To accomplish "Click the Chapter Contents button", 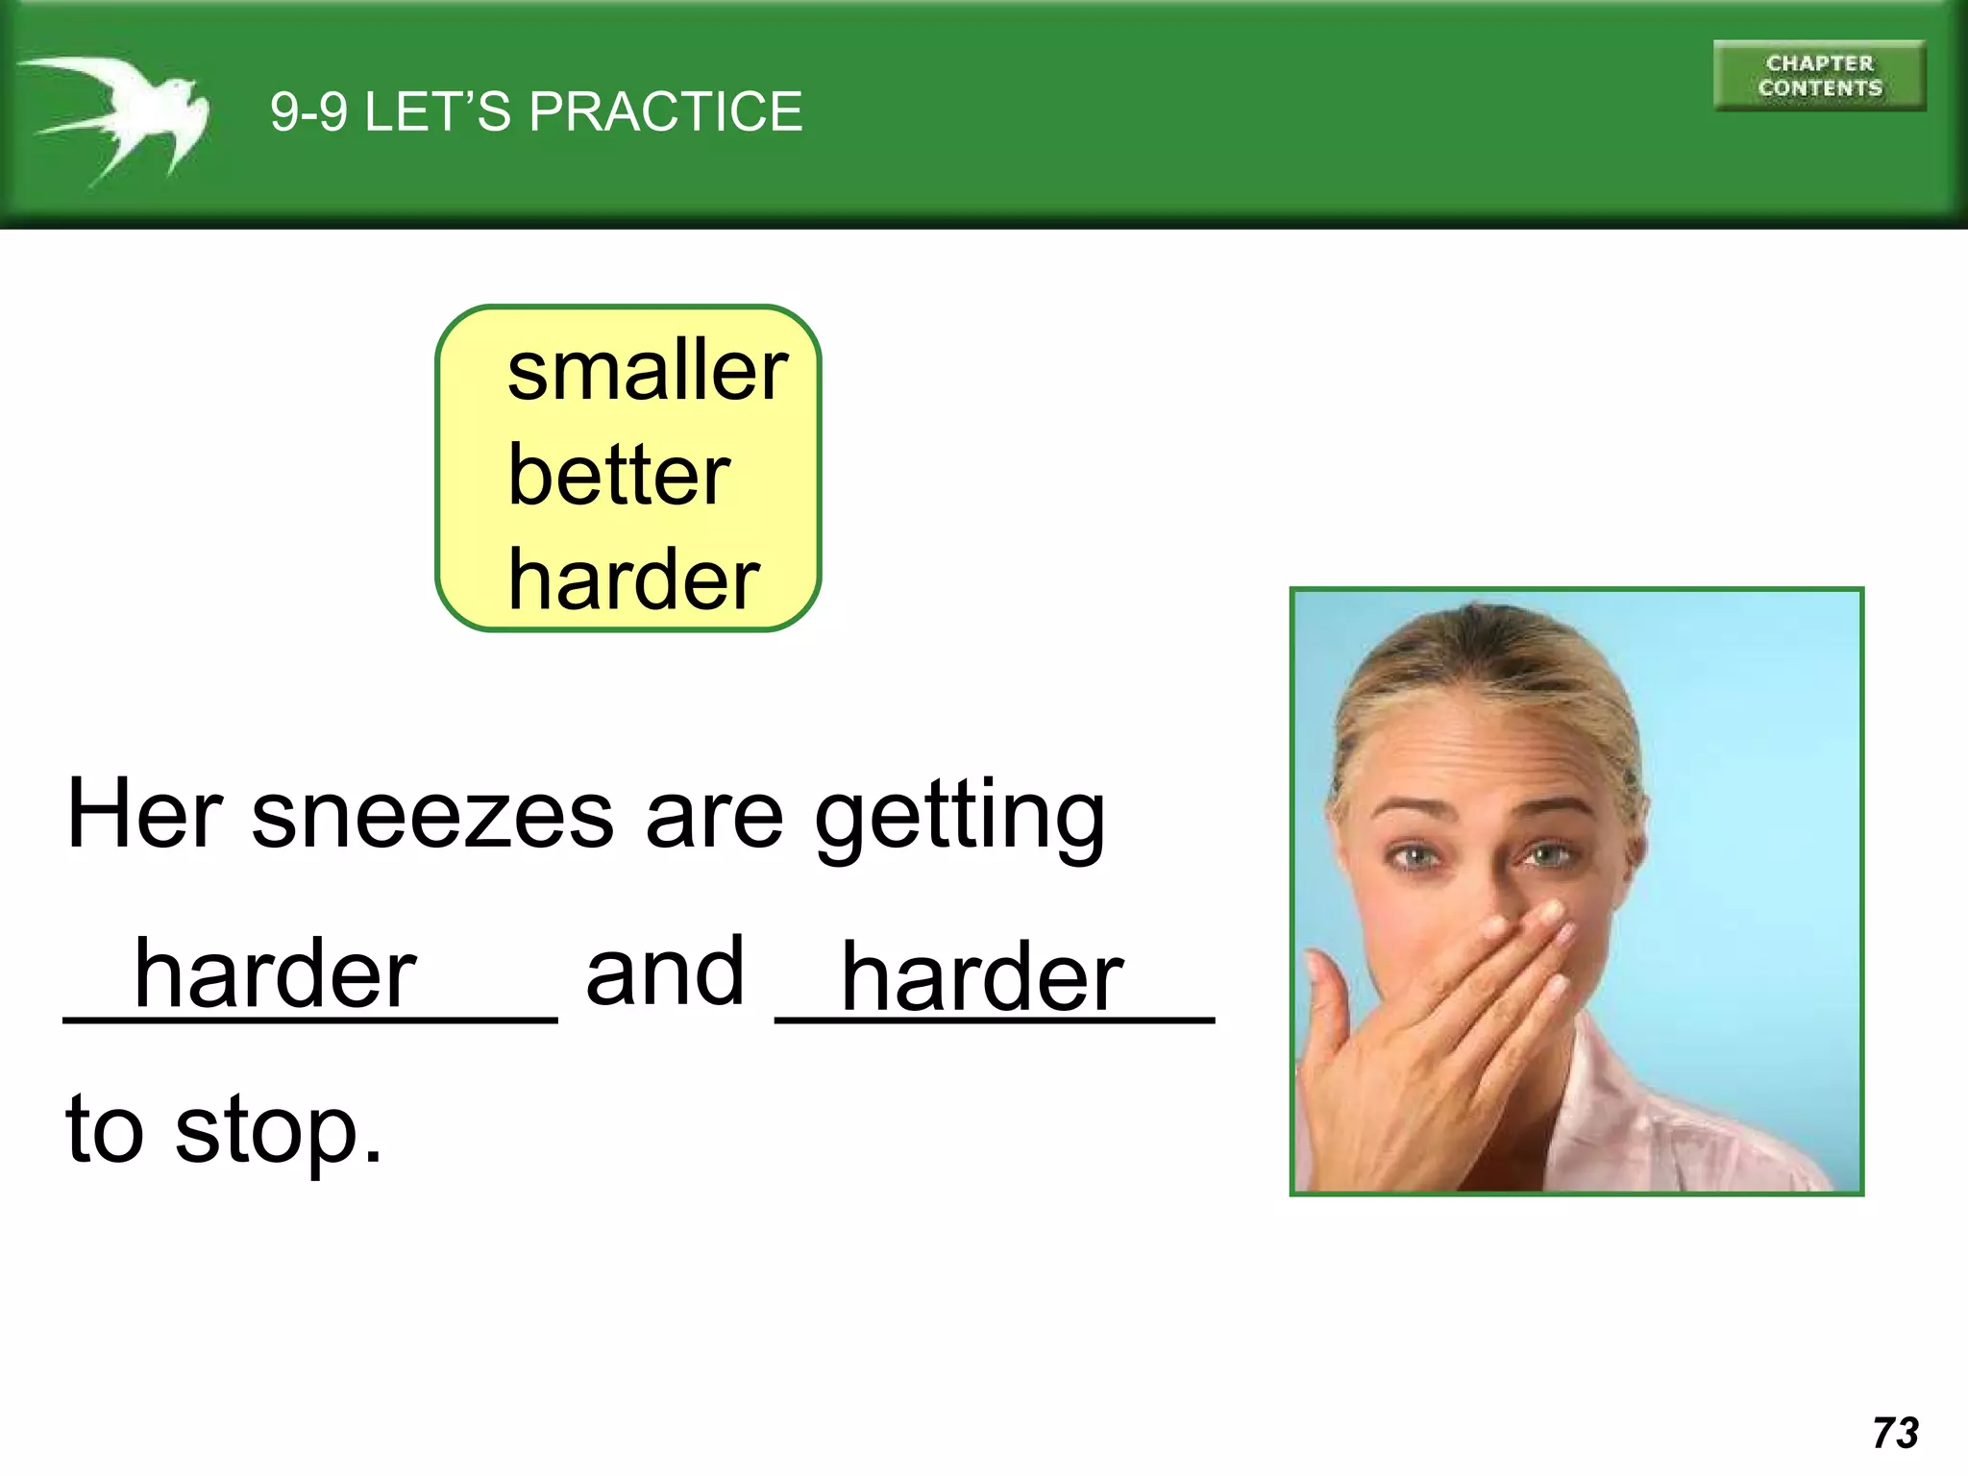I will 1819,76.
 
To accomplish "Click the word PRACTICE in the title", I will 665,111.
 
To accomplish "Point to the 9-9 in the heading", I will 308,112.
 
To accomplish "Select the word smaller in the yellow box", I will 647,371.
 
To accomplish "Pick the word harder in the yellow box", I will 633,579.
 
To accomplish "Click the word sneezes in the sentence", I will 431,815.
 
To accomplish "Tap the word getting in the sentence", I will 959,817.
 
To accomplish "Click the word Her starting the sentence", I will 144,815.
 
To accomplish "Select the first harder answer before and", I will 275,974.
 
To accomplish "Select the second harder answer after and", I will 981,978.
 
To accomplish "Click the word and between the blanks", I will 665,972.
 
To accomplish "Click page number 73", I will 1895,1433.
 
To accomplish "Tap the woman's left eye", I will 1545,853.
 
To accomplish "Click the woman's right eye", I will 1414,855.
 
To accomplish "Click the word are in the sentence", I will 715,817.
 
